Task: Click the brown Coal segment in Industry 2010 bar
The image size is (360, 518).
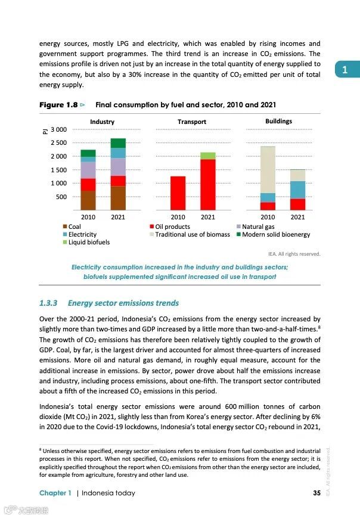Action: click(x=88, y=200)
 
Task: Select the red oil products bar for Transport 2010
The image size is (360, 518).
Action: click(x=178, y=193)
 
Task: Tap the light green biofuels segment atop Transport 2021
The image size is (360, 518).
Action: click(x=207, y=156)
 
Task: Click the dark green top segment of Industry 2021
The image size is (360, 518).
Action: click(x=118, y=143)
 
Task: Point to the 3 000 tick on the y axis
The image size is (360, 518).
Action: click(x=58, y=129)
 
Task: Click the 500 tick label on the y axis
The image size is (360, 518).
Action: click(x=61, y=197)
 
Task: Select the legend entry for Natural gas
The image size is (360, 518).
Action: click(x=258, y=227)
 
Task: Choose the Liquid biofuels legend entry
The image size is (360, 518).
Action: click(x=89, y=242)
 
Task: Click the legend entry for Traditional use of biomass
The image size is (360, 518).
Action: click(x=193, y=234)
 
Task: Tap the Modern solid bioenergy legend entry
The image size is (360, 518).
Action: click(x=276, y=234)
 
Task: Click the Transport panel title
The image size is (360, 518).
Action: click(x=191, y=122)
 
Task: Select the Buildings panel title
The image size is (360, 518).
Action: click(x=278, y=121)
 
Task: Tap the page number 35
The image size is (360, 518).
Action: click(x=316, y=493)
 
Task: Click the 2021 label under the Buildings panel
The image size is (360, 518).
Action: click(x=297, y=218)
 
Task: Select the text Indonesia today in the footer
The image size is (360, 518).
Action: click(x=108, y=493)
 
